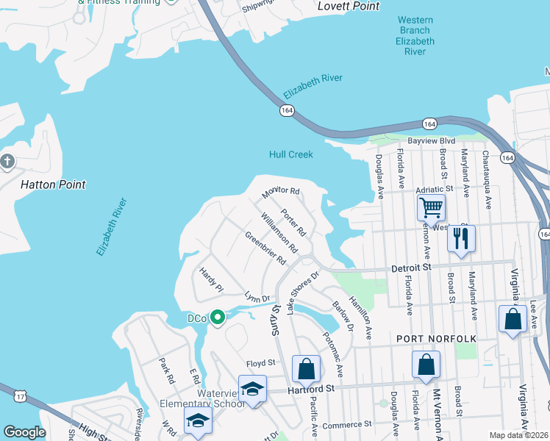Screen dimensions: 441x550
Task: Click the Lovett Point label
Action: tap(349, 7)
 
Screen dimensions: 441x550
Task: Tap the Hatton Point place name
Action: tap(52, 184)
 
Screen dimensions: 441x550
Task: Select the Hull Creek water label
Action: tap(291, 154)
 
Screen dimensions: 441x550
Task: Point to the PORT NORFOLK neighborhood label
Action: tap(437, 338)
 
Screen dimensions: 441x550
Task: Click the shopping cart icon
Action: tap(431, 207)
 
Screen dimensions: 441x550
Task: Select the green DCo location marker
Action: tap(217, 318)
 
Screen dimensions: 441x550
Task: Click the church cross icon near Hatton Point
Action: tap(7, 161)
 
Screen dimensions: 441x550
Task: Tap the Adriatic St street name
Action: tap(434, 190)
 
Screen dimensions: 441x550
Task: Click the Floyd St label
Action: tap(260, 363)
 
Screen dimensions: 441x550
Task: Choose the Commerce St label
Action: tap(347, 425)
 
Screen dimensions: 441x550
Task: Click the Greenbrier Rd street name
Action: tap(265, 248)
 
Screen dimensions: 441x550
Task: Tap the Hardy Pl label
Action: tap(210, 280)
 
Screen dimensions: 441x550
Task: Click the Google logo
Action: tap(24, 433)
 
